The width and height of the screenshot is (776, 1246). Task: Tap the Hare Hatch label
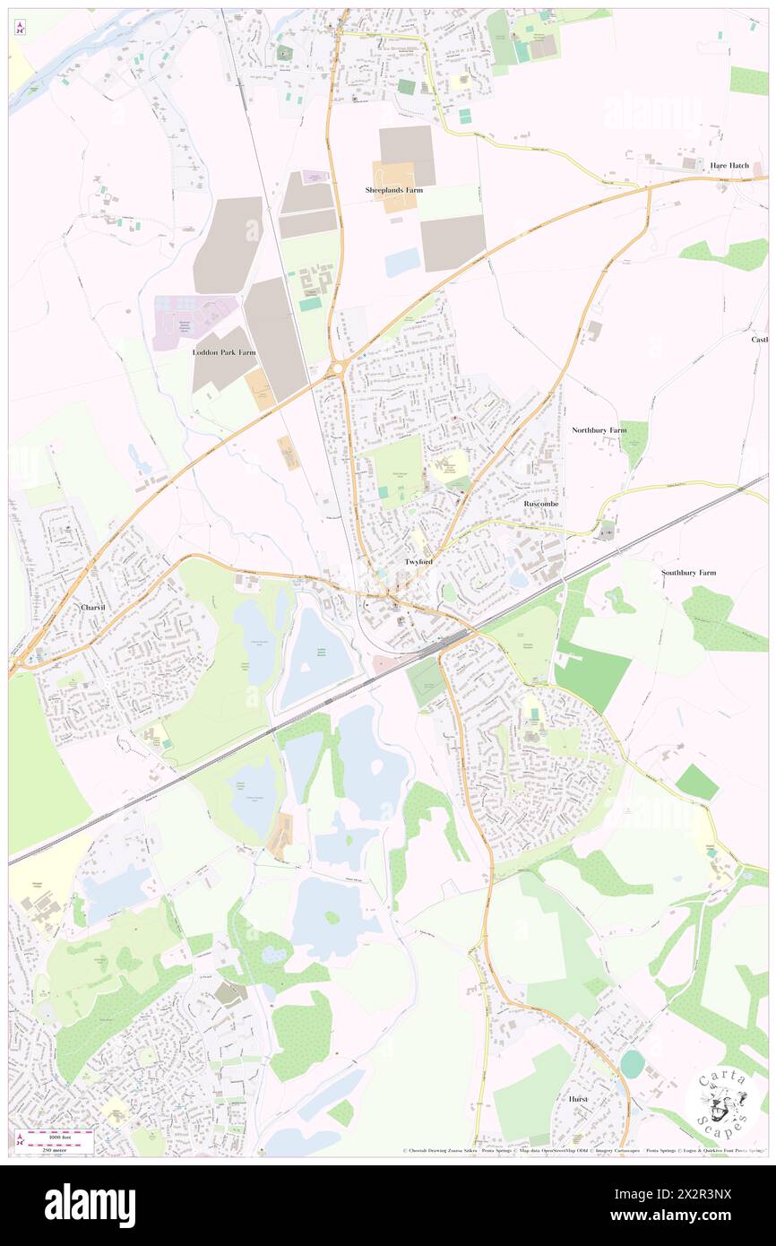point(729,166)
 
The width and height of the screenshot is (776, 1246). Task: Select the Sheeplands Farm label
point(394,191)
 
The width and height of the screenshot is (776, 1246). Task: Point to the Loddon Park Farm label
point(224,353)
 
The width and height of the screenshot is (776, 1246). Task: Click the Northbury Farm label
point(599,431)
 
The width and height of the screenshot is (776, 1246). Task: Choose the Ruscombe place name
point(541,505)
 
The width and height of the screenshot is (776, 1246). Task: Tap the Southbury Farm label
point(688,573)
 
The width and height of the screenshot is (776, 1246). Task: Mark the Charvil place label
point(93,608)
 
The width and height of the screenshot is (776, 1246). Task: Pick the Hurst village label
point(578,1099)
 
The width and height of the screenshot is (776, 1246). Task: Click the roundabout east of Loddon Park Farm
point(339,369)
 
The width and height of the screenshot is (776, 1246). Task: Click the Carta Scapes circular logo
point(722,1102)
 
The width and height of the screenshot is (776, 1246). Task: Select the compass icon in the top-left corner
point(20,27)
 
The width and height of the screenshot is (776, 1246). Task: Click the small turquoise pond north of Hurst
point(632,1064)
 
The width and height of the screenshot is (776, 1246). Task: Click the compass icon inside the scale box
point(20,1141)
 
